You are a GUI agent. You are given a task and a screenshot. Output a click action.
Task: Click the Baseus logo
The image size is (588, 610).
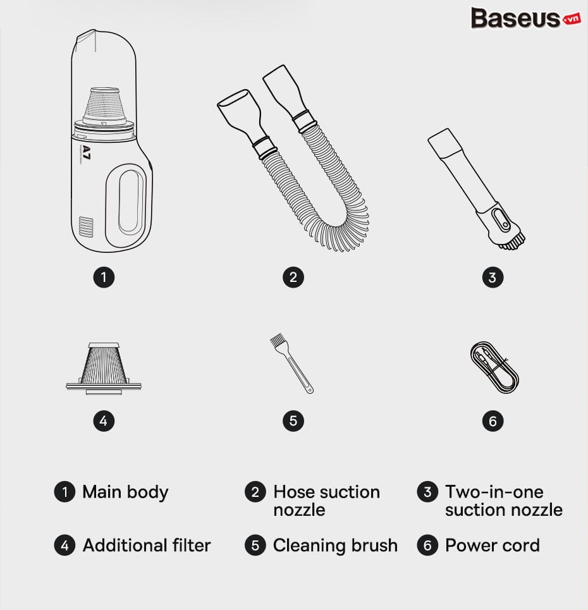(526, 18)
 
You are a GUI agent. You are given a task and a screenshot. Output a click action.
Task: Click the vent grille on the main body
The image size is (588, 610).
(87, 227)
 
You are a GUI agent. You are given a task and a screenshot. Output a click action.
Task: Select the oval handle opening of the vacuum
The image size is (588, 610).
(129, 202)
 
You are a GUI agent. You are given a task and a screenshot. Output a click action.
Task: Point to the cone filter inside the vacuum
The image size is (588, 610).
(105, 105)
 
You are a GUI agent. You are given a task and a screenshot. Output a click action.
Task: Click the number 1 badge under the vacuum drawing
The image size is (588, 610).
(104, 278)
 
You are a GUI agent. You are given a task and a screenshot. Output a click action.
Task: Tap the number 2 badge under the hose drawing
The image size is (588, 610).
(293, 278)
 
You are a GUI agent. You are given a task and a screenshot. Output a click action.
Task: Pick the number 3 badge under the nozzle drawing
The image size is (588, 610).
(493, 278)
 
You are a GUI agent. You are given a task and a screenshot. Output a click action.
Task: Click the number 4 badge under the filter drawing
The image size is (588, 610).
(104, 421)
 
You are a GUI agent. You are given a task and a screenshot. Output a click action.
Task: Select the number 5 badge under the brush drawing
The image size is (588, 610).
(293, 421)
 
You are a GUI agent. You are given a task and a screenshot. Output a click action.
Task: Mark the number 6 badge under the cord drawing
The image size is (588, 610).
(493, 421)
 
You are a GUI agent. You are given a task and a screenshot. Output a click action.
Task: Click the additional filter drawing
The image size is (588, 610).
(104, 369)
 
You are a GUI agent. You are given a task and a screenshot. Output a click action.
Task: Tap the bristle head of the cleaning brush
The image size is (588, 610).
(277, 340)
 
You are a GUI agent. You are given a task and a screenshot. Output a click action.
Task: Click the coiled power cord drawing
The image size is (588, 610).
(494, 368)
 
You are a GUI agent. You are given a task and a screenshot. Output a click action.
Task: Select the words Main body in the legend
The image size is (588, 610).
(125, 492)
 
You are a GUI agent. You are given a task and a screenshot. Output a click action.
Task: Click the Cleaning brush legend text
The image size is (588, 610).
(335, 545)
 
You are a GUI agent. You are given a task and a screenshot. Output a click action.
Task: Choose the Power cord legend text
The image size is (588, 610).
(493, 545)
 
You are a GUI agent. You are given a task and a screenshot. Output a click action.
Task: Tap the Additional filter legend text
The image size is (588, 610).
(146, 545)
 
